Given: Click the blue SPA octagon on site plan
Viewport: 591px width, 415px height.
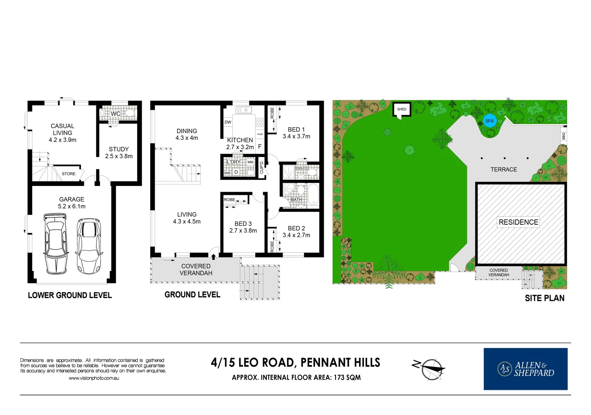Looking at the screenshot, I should click(489, 121).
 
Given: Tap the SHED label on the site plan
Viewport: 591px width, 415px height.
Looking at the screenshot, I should click(402, 109).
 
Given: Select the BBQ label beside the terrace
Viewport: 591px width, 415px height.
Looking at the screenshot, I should click(564, 136).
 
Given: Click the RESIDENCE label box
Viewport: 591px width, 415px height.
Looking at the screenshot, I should click(518, 222).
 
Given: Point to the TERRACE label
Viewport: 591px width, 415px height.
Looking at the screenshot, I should click(504, 169).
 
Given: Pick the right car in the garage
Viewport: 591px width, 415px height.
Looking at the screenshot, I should click(89, 246).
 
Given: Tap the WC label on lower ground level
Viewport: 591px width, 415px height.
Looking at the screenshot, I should click(116, 114).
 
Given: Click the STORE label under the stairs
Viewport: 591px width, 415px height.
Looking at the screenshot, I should click(69, 174).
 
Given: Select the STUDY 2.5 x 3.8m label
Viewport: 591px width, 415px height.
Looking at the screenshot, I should click(119, 153).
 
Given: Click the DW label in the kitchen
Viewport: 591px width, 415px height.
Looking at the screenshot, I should click(228, 122).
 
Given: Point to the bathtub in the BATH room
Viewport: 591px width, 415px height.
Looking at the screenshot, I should click(313, 194).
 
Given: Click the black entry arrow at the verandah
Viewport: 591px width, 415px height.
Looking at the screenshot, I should click(213, 257).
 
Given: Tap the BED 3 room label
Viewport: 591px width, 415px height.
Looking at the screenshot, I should click(243, 227).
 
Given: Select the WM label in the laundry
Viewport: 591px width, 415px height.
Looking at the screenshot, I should click(250, 162).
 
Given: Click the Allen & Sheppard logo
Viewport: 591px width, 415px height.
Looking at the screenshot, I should click(526, 369).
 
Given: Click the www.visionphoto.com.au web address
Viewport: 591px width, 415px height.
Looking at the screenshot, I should click(94, 378).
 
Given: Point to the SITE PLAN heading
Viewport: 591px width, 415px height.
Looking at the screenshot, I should click(544, 298).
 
